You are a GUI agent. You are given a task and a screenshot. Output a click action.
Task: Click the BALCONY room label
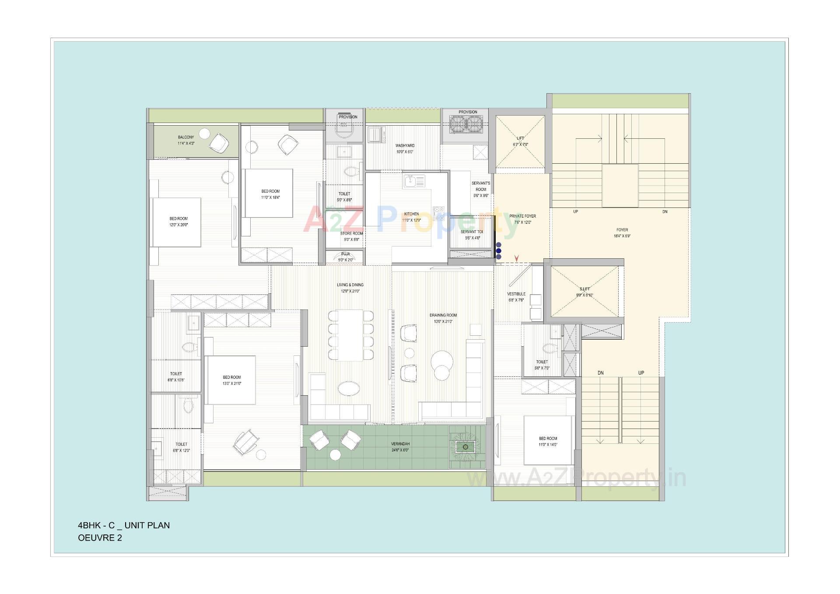(x=186, y=137)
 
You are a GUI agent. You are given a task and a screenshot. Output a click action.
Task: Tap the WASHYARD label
(x=405, y=146)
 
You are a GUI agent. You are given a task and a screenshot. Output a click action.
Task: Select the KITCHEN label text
(x=411, y=214)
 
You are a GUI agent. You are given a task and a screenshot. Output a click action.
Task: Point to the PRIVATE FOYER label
(x=522, y=216)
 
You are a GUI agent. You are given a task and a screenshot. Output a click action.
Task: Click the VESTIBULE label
(x=516, y=294)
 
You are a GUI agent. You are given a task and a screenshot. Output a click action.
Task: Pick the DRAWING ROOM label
(x=443, y=315)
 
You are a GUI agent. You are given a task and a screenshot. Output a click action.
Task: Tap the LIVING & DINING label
(x=350, y=285)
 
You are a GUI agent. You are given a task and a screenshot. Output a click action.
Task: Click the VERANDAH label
(x=400, y=444)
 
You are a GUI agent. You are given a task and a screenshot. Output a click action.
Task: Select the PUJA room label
(x=346, y=254)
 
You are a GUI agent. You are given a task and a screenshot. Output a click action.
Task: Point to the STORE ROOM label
(x=351, y=234)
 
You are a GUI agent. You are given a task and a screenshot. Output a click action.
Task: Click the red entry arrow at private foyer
(x=517, y=258)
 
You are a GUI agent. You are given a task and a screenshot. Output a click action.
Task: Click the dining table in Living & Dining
(x=350, y=335)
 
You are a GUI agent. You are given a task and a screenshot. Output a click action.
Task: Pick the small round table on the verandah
(x=335, y=455)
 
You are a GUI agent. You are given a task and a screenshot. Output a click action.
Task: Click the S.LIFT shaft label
(x=584, y=289)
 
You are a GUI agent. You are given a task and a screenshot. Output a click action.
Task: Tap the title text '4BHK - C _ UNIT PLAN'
(x=124, y=525)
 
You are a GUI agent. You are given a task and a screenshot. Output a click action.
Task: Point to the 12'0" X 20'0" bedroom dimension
(x=178, y=225)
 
